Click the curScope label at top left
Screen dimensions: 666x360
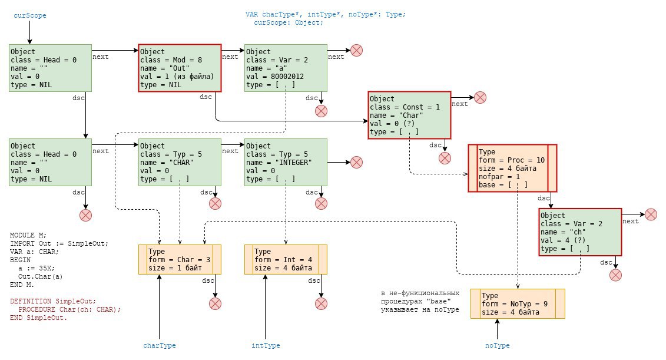coord(29,15)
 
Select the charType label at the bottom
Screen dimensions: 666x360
coord(159,345)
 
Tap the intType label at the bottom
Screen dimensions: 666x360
coord(266,345)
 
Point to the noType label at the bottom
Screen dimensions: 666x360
coord(497,345)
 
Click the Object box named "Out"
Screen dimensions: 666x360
coord(180,68)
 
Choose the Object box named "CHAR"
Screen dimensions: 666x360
coord(180,163)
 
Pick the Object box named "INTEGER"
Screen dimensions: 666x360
coord(286,163)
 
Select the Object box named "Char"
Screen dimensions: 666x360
coord(409,115)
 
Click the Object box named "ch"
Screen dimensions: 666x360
coord(580,232)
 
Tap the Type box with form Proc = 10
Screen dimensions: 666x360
coord(512,169)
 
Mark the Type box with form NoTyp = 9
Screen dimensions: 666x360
coord(518,304)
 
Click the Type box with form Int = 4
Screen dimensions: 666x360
coord(286,260)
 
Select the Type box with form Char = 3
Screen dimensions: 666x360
coord(180,260)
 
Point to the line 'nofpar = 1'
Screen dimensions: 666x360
coord(499,176)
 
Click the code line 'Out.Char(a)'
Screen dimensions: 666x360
coord(41,276)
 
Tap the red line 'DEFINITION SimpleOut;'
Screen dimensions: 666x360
coord(53,301)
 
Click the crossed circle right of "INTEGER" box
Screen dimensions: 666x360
coord(356,163)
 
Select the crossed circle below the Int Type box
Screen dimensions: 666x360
coord(321,303)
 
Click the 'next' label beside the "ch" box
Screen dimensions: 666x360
coord(630,221)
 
